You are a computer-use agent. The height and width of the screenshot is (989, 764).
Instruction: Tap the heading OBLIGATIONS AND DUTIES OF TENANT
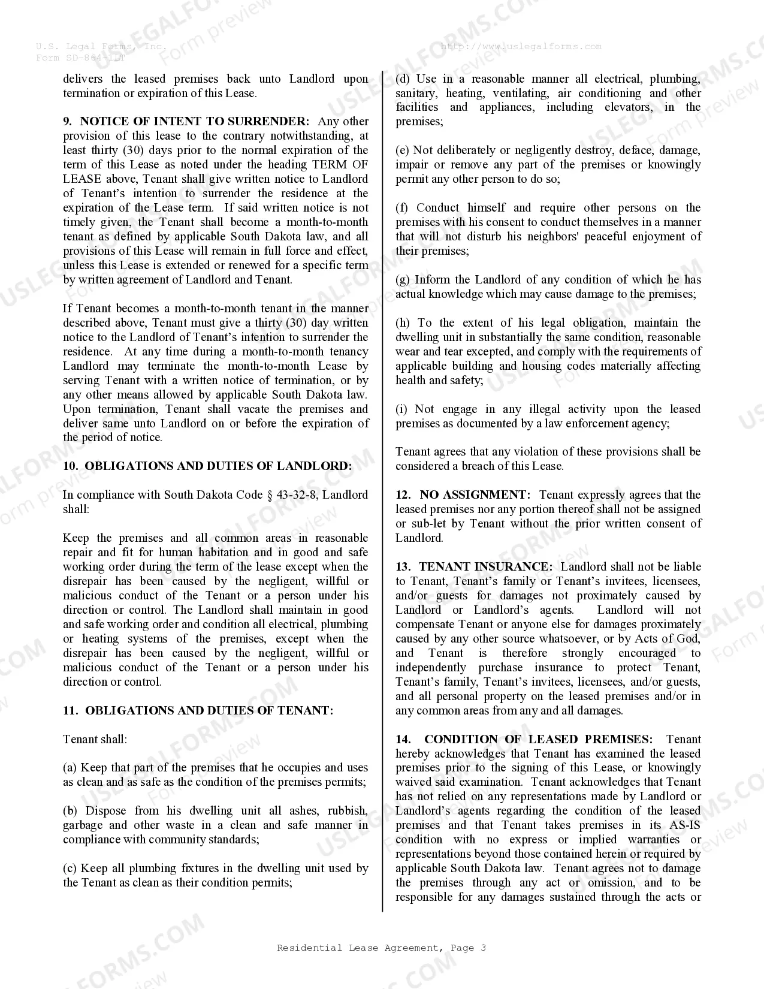tap(209, 711)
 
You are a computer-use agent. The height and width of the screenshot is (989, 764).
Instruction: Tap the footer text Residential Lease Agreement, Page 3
tap(381, 948)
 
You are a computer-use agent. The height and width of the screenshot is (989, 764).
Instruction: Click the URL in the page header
tap(521, 46)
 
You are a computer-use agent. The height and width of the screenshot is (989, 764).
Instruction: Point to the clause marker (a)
tap(70, 768)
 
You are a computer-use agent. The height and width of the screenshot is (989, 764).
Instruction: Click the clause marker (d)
tap(403, 79)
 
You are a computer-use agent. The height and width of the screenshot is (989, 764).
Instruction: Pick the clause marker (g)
tap(403, 280)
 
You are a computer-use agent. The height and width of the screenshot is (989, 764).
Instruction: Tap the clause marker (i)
tap(401, 409)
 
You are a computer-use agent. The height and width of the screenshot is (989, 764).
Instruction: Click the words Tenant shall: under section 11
tap(95, 740)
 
